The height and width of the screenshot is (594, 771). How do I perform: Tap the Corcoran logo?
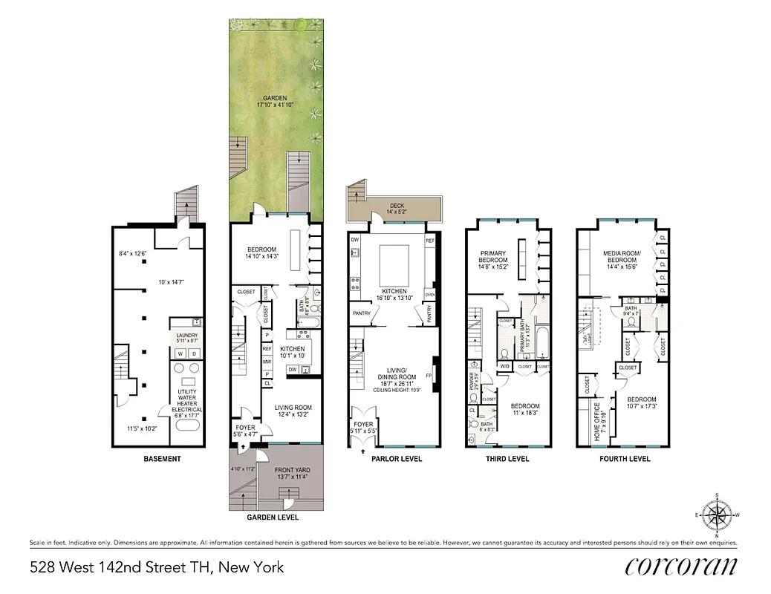tap(681, 567)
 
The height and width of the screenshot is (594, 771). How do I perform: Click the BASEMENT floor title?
tap(162, 459)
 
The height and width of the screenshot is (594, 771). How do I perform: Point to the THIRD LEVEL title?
tap(507, 459)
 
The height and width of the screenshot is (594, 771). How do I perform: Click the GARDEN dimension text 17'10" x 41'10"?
tap(276, 105)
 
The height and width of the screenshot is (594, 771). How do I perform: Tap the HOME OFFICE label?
tap(599, 421)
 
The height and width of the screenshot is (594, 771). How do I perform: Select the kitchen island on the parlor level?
tap(394, 262)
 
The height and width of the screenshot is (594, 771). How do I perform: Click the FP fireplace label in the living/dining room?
tap(429, 375)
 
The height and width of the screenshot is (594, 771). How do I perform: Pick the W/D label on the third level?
tap(504, 366)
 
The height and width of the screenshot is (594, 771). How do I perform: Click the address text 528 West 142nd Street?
tap(157, 568)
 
